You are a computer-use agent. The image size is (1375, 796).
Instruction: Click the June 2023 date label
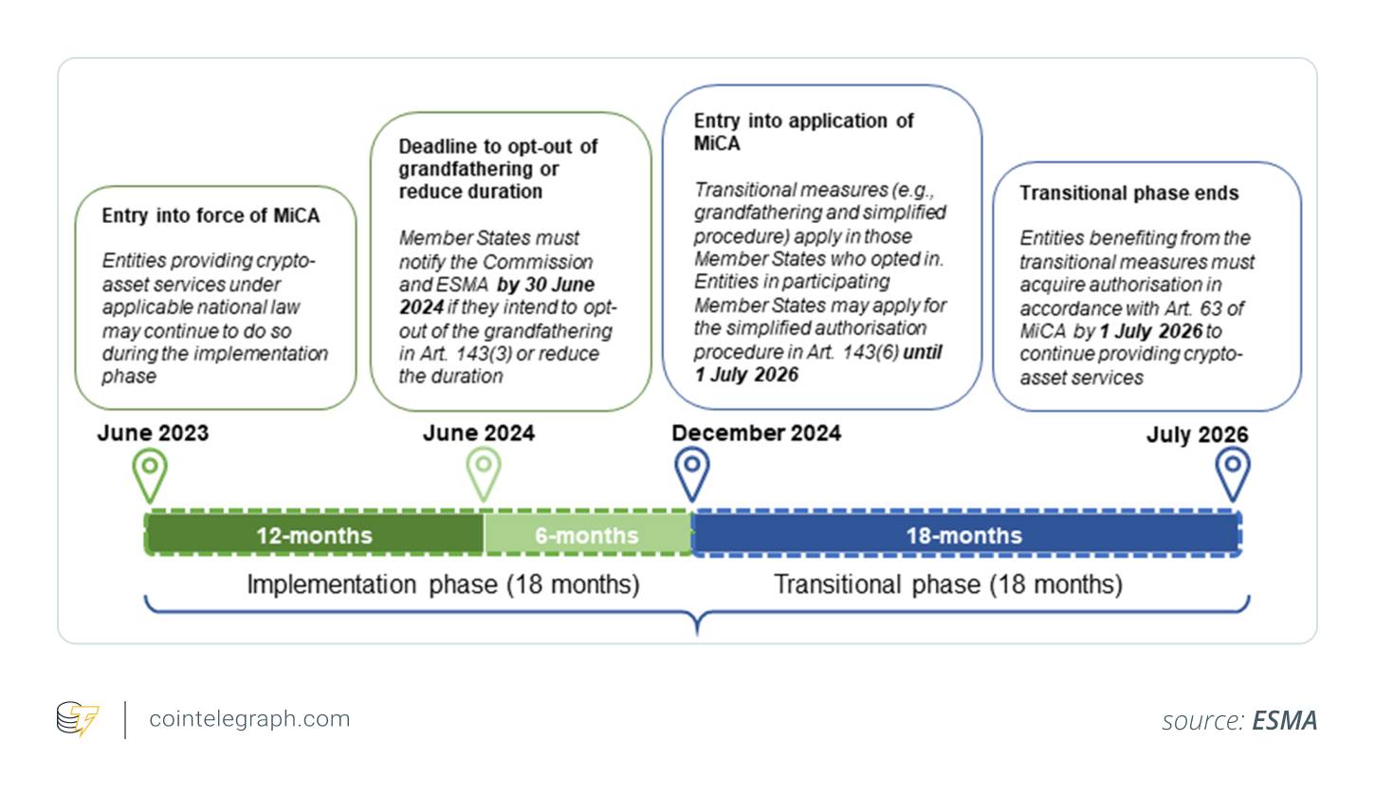153,433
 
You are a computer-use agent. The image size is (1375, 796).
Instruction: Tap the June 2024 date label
479,433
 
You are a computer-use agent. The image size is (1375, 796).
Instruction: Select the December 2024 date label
757,433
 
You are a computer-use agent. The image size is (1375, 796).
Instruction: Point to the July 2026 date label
1197,435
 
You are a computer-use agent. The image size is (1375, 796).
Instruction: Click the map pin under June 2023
150,474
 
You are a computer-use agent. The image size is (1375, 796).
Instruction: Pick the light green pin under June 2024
484,473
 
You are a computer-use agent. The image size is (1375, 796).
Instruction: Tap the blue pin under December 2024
692,473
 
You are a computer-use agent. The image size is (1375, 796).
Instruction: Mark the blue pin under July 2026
1233,473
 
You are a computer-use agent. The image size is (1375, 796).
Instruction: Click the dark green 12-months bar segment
314,534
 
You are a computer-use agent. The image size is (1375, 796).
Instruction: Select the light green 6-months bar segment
588,534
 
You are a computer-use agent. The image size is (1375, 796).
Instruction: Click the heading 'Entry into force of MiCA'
211,215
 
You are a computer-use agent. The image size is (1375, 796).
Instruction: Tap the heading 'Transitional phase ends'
1129,193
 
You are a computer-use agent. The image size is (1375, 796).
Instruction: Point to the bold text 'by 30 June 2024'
497,295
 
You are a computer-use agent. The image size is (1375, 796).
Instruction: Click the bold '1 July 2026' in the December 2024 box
746,375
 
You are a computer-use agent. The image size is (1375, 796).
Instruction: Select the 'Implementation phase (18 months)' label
443,584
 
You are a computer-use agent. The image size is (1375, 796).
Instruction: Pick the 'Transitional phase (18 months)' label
948,584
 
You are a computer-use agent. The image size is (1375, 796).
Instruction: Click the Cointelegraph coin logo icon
78,718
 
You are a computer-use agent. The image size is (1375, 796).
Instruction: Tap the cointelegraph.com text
249,718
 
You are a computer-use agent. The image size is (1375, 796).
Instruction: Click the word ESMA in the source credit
1285,720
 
